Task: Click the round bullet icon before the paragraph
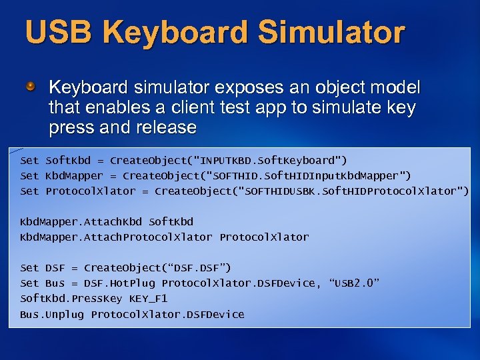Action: [x=31, y=87]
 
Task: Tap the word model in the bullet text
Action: [x=396, y=87]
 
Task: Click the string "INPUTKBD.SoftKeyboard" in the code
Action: [x=273, y=160]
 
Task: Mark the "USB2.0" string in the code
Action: [x=354, y=283]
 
